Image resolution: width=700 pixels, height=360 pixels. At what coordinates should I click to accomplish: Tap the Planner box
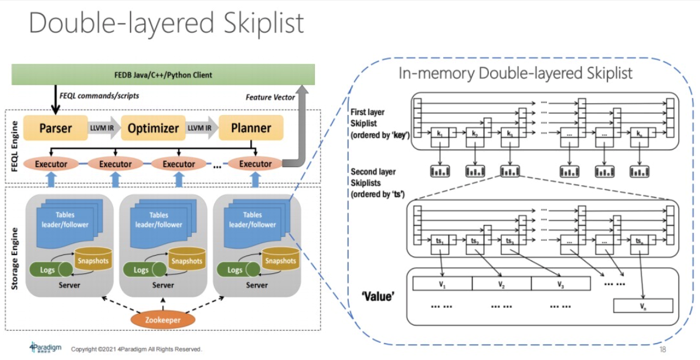pos(250,128)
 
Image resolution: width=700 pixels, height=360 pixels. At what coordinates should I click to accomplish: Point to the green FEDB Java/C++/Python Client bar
pos(164,74)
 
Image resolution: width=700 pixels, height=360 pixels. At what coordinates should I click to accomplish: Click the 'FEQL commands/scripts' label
pos(99,94)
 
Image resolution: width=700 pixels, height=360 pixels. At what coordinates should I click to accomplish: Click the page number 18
pos(663,349)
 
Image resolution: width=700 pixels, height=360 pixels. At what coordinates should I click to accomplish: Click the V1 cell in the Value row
pos(443,284)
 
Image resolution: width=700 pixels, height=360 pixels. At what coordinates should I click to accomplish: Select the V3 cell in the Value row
pos(561,284)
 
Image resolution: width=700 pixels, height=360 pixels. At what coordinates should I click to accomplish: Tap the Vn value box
pos(643,305)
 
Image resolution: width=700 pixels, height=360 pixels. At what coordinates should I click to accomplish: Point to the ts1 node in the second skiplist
pos(440,241)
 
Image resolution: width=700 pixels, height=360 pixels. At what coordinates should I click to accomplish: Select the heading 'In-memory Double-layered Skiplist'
pos(515,74)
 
